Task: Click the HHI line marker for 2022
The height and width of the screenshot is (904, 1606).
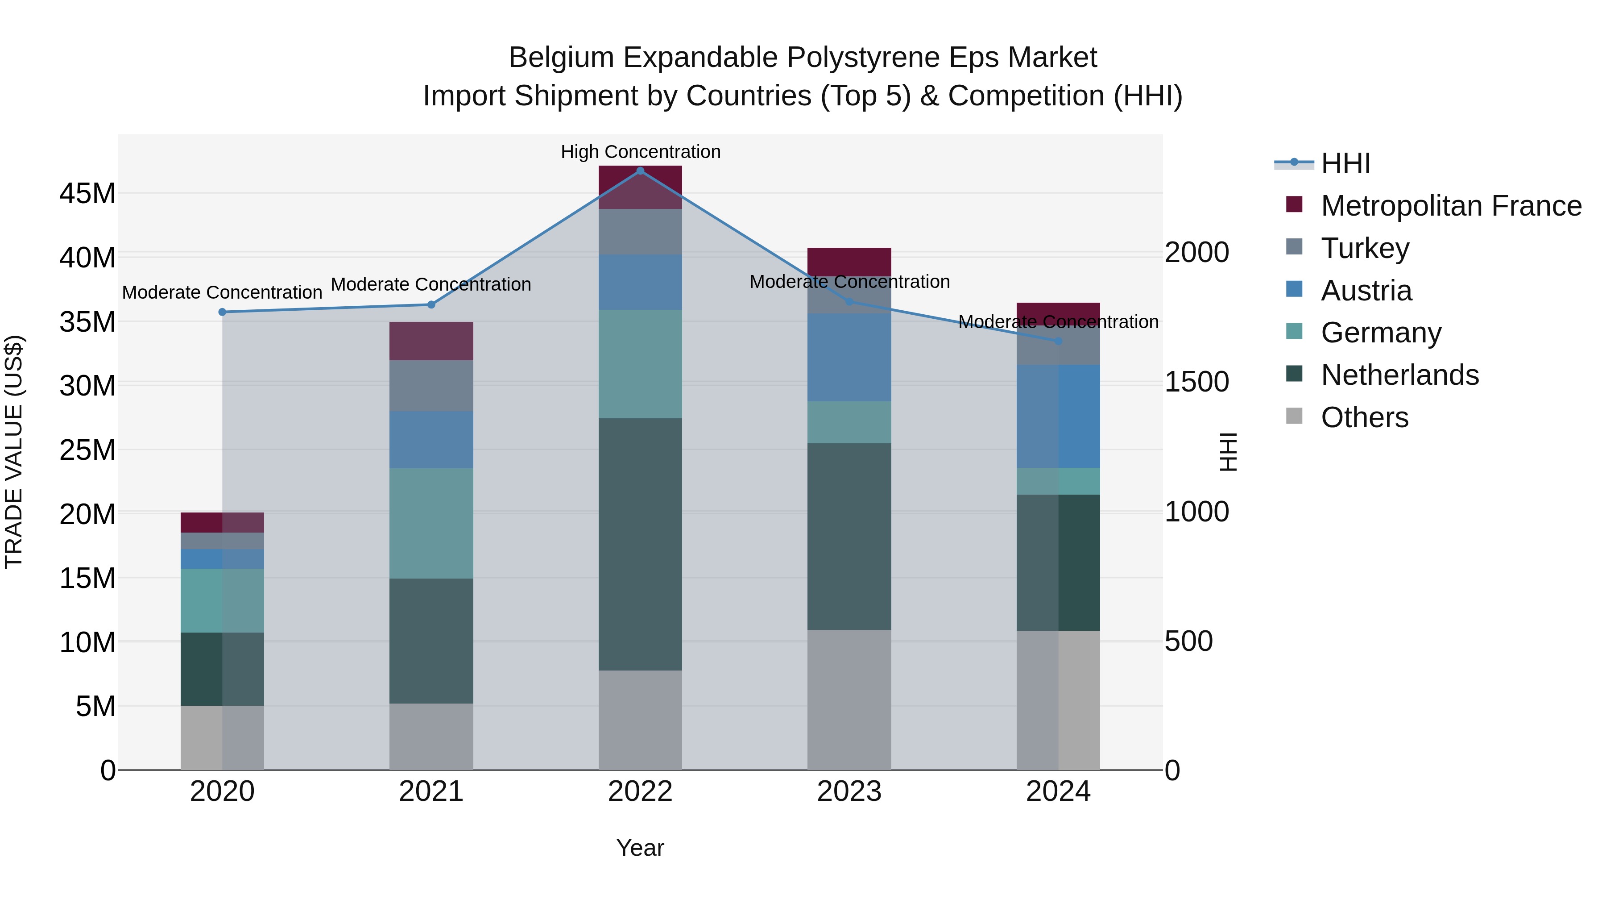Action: click(640, 171)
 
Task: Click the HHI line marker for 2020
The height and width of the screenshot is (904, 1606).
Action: click(222, 312)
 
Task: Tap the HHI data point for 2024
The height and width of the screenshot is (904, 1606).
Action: click(1058, 341)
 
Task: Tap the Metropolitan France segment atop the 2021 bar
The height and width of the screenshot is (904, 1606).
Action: click(431, 341)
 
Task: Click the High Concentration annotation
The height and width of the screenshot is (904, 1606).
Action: click(640, 152)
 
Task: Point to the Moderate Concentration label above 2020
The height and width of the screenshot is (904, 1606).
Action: click(222, 292)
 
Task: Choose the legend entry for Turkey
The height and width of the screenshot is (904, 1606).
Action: click(1364, 248)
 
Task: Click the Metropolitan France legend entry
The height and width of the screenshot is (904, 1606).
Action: click(1450, 206)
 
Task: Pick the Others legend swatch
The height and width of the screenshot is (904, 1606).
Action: click(1294, 416)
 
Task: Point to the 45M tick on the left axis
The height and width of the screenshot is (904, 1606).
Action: click(87, 193)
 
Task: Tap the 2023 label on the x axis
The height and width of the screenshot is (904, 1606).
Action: click(849, 792)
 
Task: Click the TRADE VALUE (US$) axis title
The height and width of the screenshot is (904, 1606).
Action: click(14, 452)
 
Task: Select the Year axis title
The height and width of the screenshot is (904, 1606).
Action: click(640, 848)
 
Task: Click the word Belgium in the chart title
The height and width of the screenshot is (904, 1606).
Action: click(561, 58)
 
